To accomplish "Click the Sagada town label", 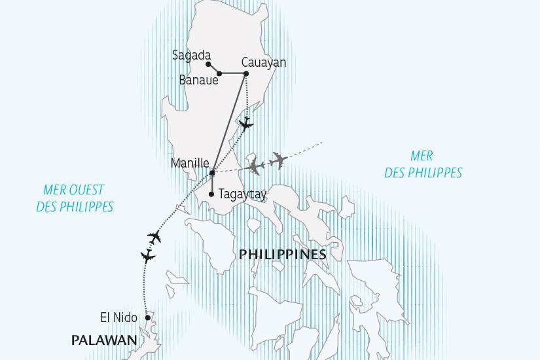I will (190, 55).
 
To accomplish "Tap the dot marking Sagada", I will (207, 64).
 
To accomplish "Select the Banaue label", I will (198, 81).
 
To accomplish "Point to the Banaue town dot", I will (219, 73).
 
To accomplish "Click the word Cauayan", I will (264, 63).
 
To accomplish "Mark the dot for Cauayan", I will (246, 73).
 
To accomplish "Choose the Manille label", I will (190, 163).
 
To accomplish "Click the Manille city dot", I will (212, 173).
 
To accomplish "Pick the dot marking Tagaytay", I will (212, 194).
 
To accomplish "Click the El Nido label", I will (118, 317).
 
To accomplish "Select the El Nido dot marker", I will (148, 317).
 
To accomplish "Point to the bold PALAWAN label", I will (104, 340).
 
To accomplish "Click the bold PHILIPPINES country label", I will (283, 254).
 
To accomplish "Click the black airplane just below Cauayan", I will (245, 123).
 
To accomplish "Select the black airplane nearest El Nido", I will (148, 256).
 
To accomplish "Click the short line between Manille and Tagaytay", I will (212, 183).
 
